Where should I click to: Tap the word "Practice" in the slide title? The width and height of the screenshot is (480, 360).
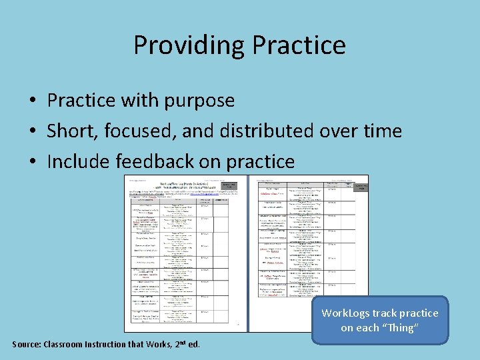coord(297,45)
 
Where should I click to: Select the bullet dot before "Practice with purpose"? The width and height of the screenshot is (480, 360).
coord(32,101)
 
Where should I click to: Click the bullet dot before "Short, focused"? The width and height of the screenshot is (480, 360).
coord(32,131)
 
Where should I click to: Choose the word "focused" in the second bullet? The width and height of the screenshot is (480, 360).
coord(139,131)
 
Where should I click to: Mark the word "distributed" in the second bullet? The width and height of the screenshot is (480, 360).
coord(269,131)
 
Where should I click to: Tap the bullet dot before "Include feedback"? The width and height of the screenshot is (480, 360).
coord(32,162)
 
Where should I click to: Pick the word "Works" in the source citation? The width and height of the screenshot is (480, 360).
coord(155,345)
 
